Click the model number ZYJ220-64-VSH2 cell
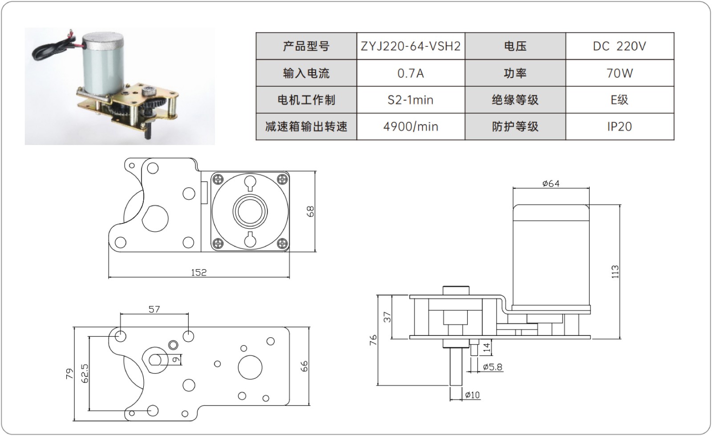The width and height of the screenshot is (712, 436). point(410,46)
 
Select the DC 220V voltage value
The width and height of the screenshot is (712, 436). point(619,46)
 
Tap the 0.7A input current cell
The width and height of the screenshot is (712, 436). point(410,73)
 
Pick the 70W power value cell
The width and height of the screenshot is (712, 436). point(619,73)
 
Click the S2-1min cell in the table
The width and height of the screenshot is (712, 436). point(410,100)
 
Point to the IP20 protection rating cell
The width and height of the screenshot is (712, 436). point(619,127)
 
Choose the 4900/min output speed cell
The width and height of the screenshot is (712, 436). point(410,127)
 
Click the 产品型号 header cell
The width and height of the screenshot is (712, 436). point(306,46)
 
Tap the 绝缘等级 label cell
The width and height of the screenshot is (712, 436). point(515,100)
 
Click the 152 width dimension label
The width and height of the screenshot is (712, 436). point(198,272)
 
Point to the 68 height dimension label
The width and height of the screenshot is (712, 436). point(310,211)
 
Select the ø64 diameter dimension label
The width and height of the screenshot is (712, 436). point(551,183)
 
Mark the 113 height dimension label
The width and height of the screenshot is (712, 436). point(615,271)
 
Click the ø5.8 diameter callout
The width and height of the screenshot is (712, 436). point(492,367)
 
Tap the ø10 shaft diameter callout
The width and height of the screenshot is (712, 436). point(472,395)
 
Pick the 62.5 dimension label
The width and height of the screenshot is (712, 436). point(85,374)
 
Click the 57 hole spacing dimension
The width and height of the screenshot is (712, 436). point(154,309)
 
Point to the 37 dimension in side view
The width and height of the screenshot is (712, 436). point(387,317)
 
